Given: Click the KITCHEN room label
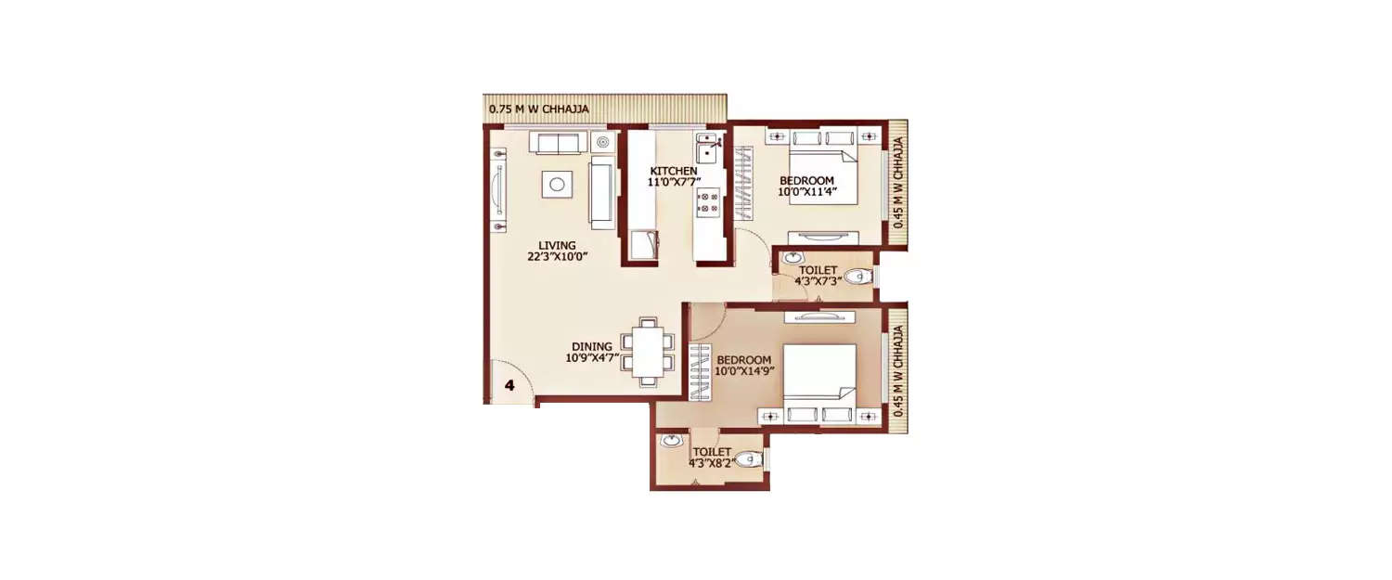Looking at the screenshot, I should [x=673, y=171].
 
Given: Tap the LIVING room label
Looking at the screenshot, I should [x=557, y=245].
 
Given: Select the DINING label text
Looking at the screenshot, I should [x=591, y=346].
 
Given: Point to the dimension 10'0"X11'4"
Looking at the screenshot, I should [x=807, y=193].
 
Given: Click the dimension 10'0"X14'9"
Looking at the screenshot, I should [x=744, y=371].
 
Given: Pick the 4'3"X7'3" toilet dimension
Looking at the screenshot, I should [x=818, y=282].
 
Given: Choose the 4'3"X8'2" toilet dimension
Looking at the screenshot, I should [x=711, y=462].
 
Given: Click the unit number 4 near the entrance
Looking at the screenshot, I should [x=509, y=383].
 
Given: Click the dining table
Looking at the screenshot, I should [x=649, y=350].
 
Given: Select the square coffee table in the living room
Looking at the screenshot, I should [x=556, y=184].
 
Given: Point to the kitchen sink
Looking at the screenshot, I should [x=708, y=148].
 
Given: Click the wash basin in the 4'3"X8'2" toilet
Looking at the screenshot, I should [x=671, y=441].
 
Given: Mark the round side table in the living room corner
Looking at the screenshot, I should [x=604, y=142].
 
